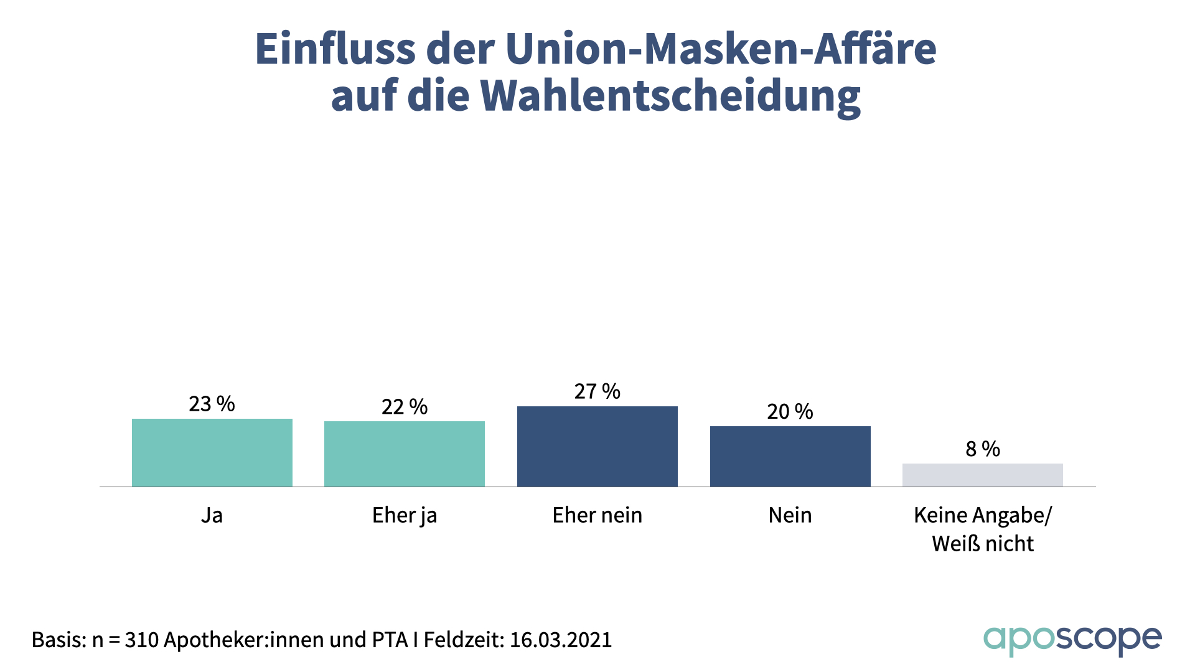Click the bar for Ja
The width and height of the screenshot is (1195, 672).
(212, 452)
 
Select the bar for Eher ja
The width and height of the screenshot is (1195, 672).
(405, 454)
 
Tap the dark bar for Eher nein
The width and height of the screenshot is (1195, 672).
(597, 446)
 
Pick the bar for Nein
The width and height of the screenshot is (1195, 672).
(790, 456)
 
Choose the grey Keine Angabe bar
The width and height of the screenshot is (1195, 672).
(982, 475)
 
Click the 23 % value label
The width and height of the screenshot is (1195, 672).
(212, 404)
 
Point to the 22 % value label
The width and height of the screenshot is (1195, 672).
(405, 407)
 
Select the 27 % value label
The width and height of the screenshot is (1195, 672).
(597, 391)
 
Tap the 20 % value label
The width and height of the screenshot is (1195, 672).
(790, 411)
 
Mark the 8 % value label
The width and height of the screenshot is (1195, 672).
(982, 449)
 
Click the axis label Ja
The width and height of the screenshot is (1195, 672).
(212, 515)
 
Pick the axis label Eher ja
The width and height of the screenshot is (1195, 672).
(405, 515)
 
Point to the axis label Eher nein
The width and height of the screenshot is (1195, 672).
(597, 515)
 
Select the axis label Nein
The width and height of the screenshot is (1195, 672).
(790, 515)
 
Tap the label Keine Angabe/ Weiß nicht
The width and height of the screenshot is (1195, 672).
(982, 529)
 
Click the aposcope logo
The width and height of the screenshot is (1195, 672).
(1072, 640)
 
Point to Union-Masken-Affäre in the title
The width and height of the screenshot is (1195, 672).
(720, 49)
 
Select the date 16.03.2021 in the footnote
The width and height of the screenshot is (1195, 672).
(561, 640)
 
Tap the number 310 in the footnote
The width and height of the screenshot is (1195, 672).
(141, 640)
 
